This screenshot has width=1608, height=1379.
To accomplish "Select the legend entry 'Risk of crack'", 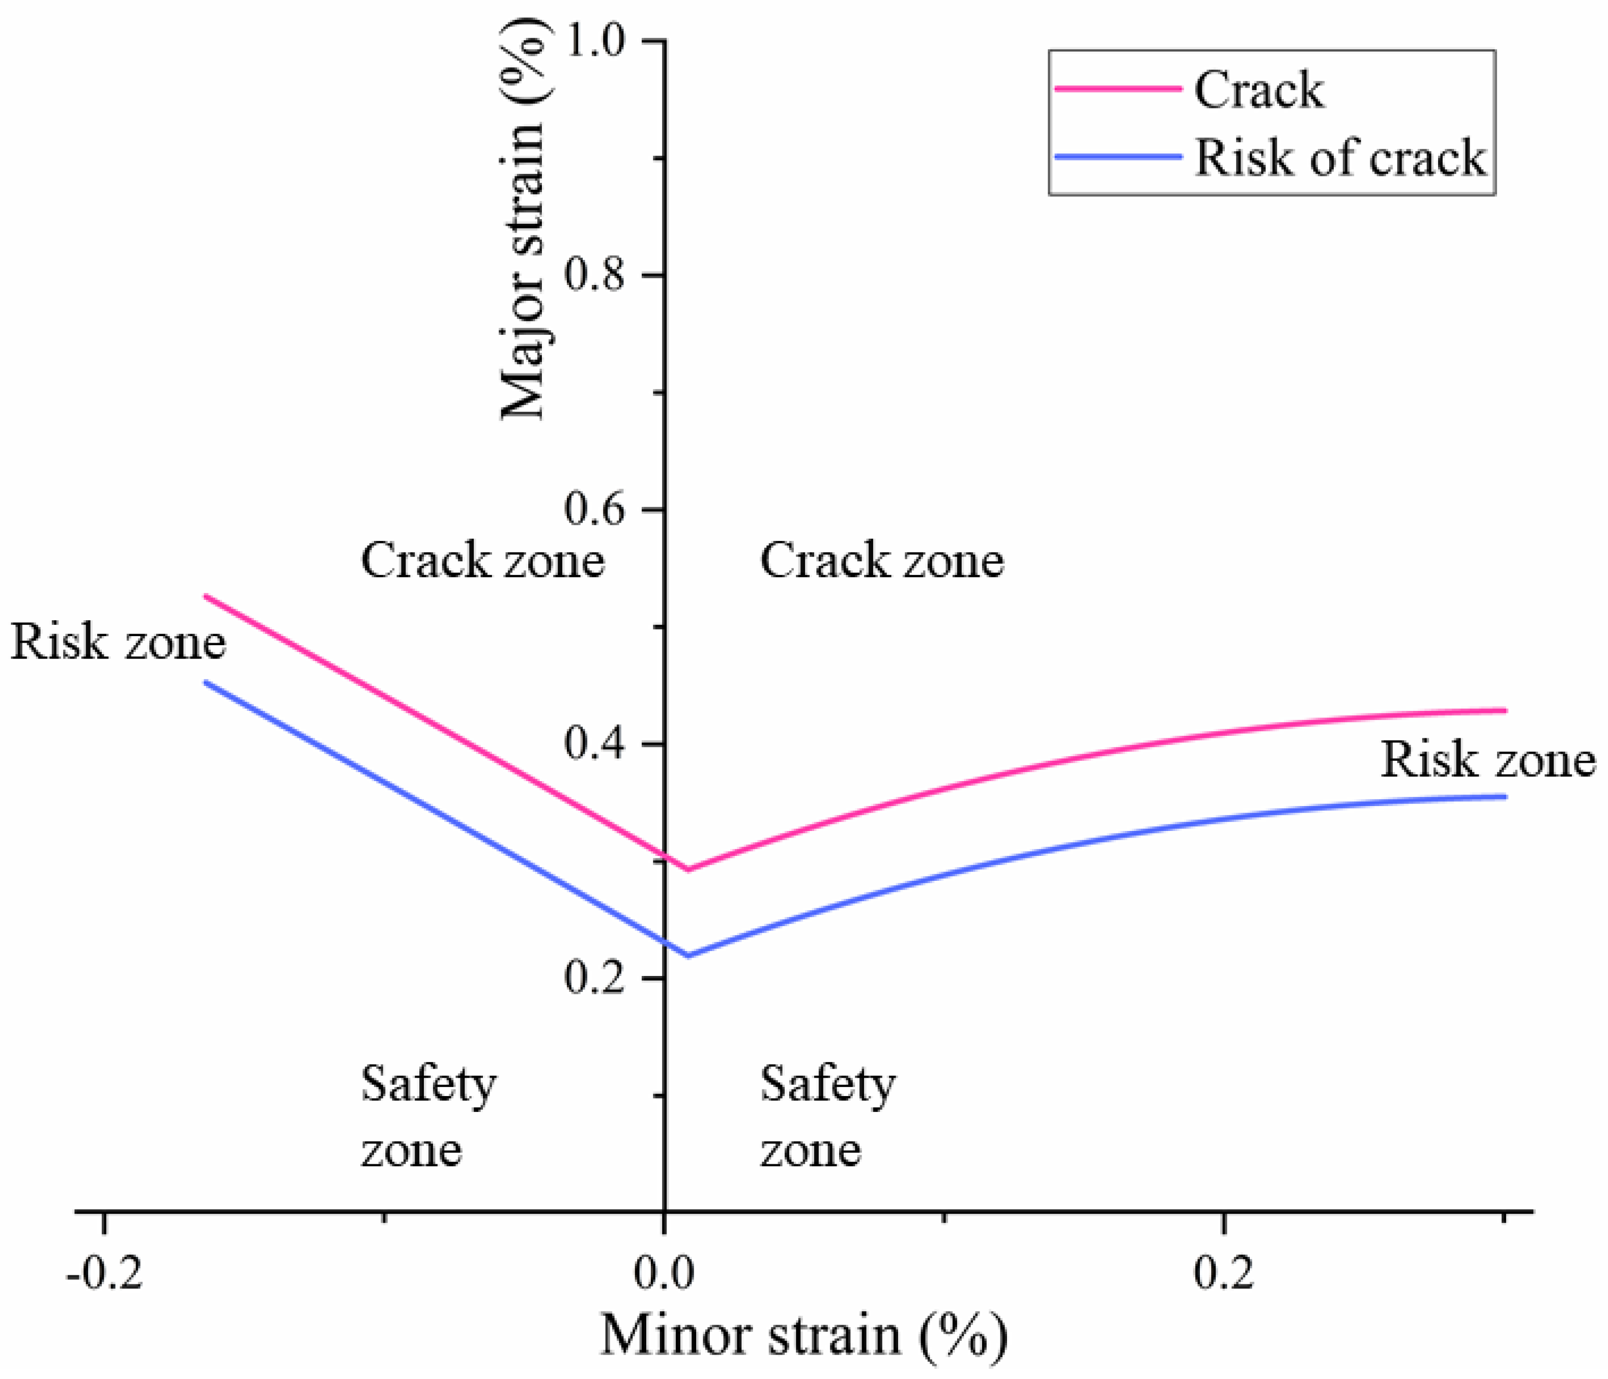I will coord(1339,158).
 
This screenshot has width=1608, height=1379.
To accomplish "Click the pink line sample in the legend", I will coord(1117,89).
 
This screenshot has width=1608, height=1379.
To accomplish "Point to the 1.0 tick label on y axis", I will coord(595,40).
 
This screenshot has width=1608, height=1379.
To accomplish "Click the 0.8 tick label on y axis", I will coord(595,275).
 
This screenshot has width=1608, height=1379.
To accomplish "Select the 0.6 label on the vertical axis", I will coord(595,509).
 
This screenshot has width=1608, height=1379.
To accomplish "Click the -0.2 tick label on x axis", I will coord(105,1273).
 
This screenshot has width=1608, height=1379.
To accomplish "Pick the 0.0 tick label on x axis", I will coord(664,1273).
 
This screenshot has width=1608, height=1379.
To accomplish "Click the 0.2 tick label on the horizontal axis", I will coord(1223,1273).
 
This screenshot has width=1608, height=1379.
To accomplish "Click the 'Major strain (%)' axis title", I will coord(525,221).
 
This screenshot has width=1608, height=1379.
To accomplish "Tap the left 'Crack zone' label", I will coord(482,560).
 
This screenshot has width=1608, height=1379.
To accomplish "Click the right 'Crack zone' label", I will coord(882,560).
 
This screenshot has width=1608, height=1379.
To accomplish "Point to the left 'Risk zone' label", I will coord(118,643).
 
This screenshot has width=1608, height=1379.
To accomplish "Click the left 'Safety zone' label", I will coord(427,1116).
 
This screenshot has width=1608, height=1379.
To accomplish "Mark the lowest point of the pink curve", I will coord(687,869).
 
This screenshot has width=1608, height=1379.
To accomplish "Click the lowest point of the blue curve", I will coord(687,955).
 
